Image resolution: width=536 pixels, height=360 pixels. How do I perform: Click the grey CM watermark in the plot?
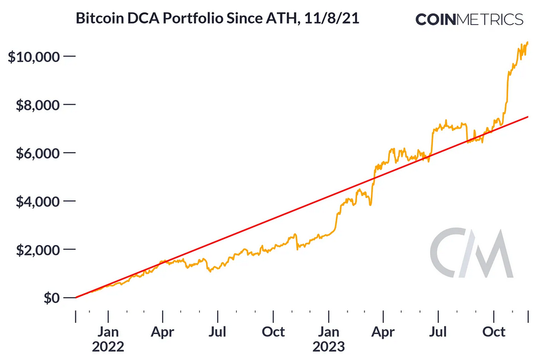coord(471,253)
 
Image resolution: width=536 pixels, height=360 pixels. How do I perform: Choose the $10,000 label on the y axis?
coord(34,57)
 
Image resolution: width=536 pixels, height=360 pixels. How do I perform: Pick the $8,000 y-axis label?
coord(37,105)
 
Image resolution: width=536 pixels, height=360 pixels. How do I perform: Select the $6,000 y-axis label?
coord(37,153)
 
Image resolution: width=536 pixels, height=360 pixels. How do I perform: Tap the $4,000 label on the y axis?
coord(37,202)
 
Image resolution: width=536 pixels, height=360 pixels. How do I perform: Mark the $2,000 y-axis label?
coord(37,250)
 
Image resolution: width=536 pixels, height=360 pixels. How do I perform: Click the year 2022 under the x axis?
coord(108,346)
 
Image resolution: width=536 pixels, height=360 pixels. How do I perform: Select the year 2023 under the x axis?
coord(329,346)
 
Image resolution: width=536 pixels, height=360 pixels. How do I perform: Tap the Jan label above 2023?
coord(329,332)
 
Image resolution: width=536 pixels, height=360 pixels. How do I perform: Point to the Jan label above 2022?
coord(108,332)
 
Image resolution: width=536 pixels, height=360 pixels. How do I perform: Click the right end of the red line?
coord(527,117)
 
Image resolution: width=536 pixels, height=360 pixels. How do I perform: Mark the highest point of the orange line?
coord(527,42)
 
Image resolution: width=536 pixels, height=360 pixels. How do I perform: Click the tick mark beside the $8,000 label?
coord(70,105)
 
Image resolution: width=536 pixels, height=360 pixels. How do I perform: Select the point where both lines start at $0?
coord(76,298)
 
